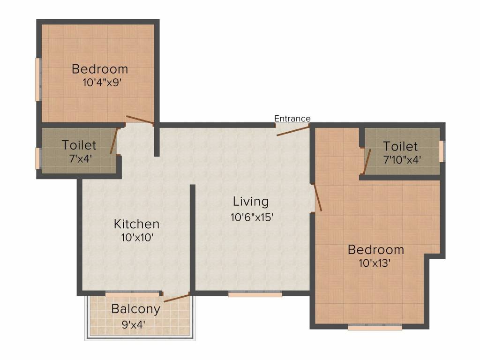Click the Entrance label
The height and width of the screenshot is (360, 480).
click(292, 118)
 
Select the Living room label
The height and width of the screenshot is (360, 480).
click(251, 202)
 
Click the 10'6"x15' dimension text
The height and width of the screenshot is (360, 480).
click(251, 217)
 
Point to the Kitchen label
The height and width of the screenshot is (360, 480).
click(136, 224)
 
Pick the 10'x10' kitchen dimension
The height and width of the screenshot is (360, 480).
click(136, 237)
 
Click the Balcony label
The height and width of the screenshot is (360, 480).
click(136, 309)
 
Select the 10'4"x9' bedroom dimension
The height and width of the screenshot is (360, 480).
click(103, 83)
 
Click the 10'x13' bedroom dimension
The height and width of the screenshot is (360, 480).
click(375, 263)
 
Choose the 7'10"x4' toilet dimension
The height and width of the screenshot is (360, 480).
click(402, 159)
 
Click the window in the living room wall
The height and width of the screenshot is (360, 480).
click(255, 294)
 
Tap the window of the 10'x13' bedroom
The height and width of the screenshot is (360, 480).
click(375, 328)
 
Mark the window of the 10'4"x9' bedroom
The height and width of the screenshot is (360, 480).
click(38, 79)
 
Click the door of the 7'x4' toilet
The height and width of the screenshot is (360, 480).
click(114, 141)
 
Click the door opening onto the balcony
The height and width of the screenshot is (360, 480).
click(176, 298)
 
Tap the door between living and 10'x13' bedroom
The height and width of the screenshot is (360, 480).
click(318, 197)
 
